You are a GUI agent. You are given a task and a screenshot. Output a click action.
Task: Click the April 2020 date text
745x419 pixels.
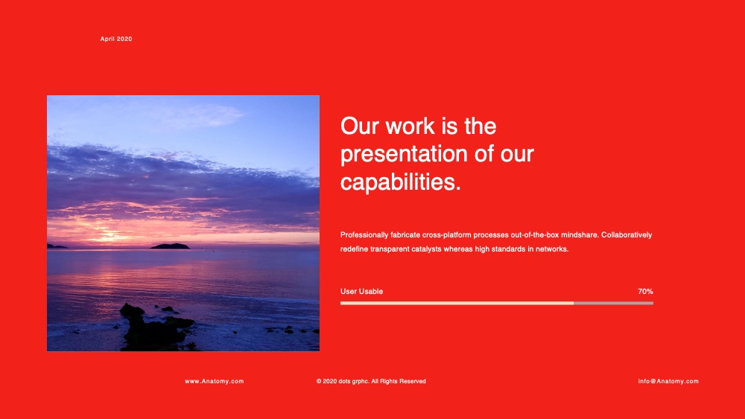coord(116,39)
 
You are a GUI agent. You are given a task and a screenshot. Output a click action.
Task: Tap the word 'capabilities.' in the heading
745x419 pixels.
coord(401,182)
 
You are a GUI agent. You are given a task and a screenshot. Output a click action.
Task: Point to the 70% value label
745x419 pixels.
coord(645,291)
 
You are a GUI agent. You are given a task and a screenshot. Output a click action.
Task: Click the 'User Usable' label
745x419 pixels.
coord(361,291)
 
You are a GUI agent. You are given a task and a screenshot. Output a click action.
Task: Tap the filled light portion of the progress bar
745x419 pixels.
coord(457,303)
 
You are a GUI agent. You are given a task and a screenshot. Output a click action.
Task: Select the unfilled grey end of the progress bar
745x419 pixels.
coord(613,303)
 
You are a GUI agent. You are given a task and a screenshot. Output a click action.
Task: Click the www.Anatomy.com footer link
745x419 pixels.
coord(215,381)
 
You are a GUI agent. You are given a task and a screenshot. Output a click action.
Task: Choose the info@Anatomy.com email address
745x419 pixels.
coord(668,381)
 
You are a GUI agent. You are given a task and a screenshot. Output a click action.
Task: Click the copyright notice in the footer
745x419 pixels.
coord(371,381)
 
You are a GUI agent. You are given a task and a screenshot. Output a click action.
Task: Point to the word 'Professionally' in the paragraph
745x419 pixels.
coord(364,235)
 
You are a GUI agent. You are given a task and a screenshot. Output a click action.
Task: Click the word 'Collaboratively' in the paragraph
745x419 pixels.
coord(627,235)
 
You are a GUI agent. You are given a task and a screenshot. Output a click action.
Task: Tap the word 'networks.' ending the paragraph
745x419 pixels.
coord(552,249)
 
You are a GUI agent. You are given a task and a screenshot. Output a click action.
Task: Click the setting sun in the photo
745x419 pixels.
coord(110,234)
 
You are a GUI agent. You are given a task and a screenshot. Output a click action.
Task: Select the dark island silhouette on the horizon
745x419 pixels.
coord(170,246)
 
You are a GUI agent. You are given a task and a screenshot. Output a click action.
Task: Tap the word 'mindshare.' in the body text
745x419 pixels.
coord(580,235)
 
